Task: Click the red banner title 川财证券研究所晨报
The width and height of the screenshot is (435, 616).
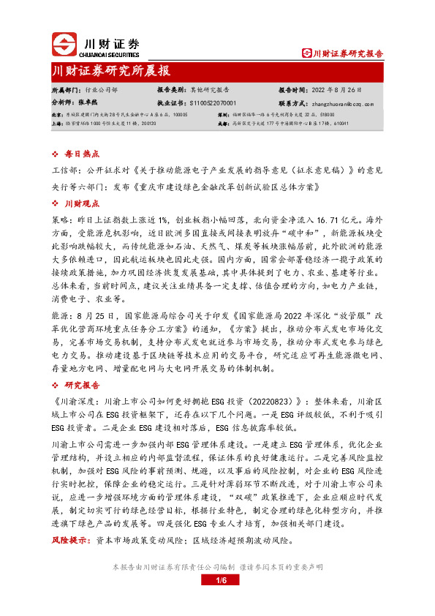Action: point(112,71)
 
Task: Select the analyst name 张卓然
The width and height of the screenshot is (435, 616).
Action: point(88,103)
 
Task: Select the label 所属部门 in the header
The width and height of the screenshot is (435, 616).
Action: point(66,91)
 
